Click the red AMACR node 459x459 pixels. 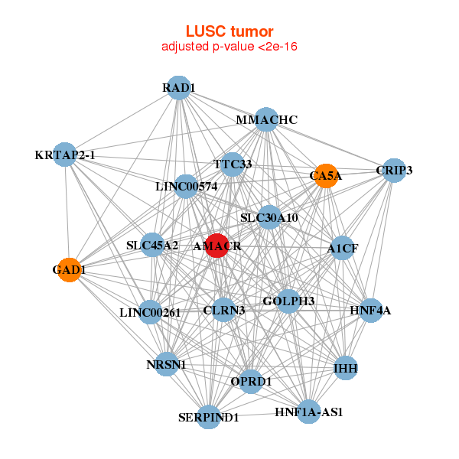coord(217,246)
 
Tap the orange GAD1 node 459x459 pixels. coord(69,270)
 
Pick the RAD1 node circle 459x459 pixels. coord(178,88)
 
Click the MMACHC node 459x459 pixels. coord(265,120)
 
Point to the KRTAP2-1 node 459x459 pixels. coord(65,155)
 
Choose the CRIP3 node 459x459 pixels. coord(393,170)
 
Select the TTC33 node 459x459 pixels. coord(233,164)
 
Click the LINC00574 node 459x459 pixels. coord(186,186)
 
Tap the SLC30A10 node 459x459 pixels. coord(269,218)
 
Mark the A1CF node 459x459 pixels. coord(342,248)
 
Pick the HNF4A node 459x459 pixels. coord(370,311)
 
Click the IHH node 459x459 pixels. coord(345,369)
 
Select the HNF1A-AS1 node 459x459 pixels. coord(308,412)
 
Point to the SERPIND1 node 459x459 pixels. coord(209,418)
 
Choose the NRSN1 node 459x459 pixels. coord(166,364)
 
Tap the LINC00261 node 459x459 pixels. coord(150,311)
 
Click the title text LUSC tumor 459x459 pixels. coord(229,31)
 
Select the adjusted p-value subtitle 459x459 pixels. coord(229,47)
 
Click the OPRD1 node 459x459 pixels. coord(251,381)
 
